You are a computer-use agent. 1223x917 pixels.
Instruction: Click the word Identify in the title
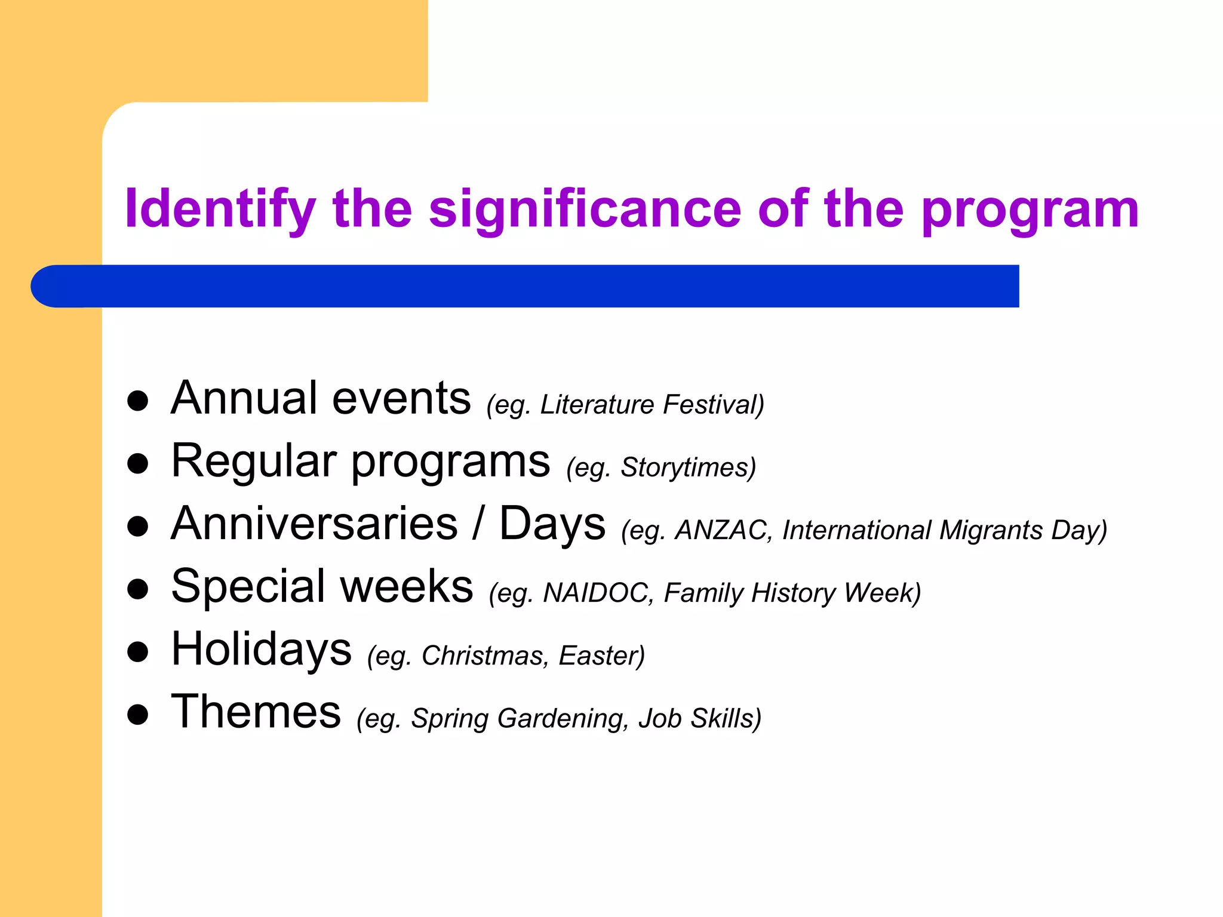220,209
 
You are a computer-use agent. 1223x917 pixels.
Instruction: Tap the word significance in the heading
585,209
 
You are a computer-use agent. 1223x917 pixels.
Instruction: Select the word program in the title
1030,210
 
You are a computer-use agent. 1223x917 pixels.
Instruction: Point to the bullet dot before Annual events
138,401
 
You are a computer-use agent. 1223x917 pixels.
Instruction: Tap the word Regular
254,461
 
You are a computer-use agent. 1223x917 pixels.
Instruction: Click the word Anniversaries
314,524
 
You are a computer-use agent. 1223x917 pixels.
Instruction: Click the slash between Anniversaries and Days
478,524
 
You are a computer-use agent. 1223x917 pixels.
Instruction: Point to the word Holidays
261,650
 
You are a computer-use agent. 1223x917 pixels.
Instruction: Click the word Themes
256,712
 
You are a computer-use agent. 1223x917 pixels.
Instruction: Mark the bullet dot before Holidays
138,653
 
